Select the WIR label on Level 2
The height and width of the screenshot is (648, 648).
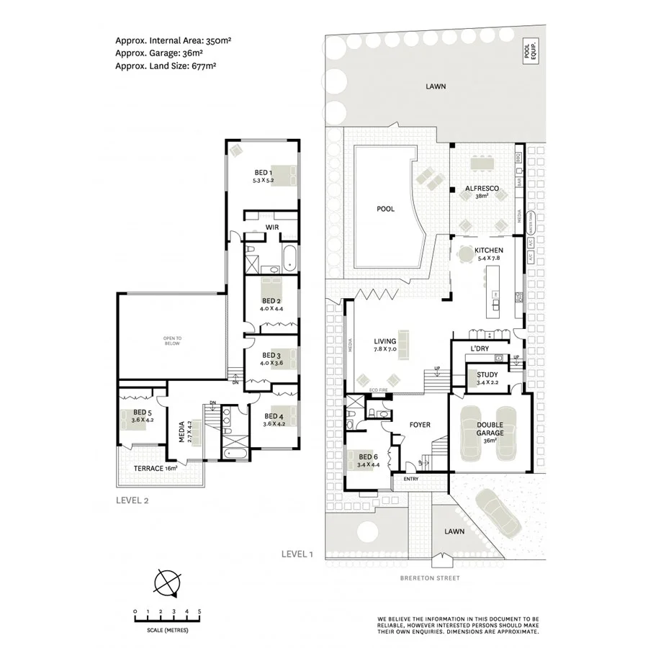pyautogui.click(x=272, y=227)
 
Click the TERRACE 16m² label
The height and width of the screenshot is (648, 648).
pyautogui.click(x=156, y=469)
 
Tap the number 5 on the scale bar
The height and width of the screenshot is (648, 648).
pyautogui.click(x=199, y=611)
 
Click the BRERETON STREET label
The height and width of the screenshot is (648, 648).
pyautogui.click(x=431, y=578)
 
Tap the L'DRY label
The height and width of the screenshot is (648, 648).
pyautogui.click(x=480, y=349)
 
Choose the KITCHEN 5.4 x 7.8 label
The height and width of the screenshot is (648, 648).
pyautogui.click(x=488, y=254)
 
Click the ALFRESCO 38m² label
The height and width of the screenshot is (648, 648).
pyautogui.click(x=482, y=192)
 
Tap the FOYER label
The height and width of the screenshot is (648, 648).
pyautogui.click(x=420, y=425)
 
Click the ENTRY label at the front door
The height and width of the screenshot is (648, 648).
pyautogui.click(x=410, y=479)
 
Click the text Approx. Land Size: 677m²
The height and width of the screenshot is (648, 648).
pyautogui.click(x=166, y=66)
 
